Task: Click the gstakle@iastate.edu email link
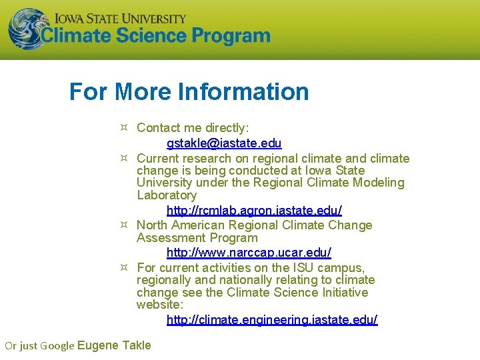(x=224, y=143)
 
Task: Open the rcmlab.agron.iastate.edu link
(x=254, y=210)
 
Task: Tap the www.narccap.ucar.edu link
(x=249, y=253)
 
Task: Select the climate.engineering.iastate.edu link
(x=271, y=320)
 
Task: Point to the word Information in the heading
(x=245, y=91)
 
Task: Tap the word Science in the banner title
(x=158, y=36)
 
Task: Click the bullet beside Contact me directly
(x=124, y=127)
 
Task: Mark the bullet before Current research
(x=124, y=158)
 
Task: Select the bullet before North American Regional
(x=124, y=225)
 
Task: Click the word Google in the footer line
(x=57, y=345)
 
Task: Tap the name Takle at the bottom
(x=136, y=345)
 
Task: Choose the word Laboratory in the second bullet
(x=167, y=195)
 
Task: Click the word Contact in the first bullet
(x=157, y=127)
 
